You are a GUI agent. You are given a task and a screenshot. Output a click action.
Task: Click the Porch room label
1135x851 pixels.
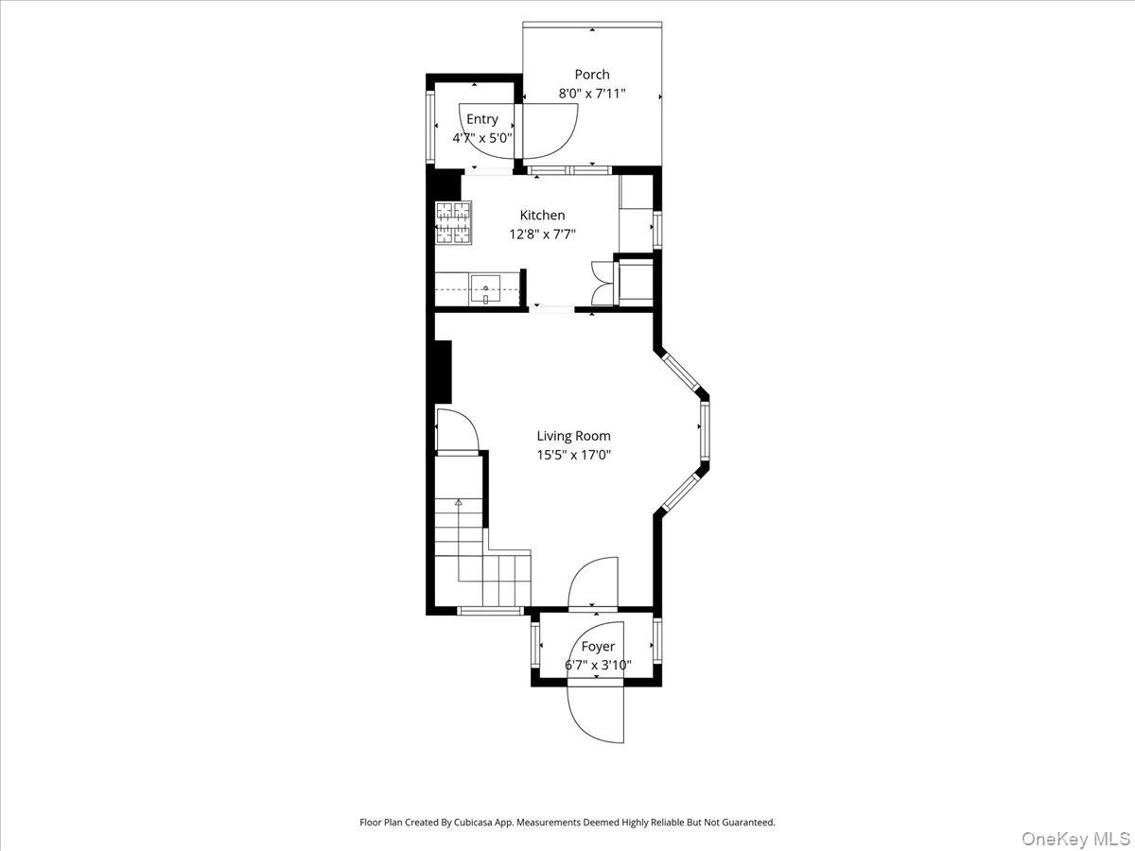click(592, 75)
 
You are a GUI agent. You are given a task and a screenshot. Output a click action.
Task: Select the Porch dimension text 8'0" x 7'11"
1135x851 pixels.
click(592, 95)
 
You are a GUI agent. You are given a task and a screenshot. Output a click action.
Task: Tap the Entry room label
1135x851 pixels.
click(481, 119)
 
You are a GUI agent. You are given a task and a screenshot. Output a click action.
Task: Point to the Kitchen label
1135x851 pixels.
click(542, 216)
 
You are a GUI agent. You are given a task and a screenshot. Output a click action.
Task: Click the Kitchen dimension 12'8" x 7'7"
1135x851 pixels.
click(542, 234)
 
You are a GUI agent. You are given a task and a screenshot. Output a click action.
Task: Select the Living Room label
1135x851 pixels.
click(573, 436)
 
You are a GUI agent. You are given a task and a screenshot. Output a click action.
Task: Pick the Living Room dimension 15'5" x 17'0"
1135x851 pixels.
click(573, 455)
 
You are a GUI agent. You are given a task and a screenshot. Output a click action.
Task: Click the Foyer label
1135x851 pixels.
click(597, 647)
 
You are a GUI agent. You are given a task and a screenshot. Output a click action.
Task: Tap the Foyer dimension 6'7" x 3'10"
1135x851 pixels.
click(597, 666)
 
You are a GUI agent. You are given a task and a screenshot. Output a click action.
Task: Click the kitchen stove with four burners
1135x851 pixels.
click(453, 223)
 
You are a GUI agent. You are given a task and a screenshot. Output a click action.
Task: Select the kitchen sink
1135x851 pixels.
click(485, 287)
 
